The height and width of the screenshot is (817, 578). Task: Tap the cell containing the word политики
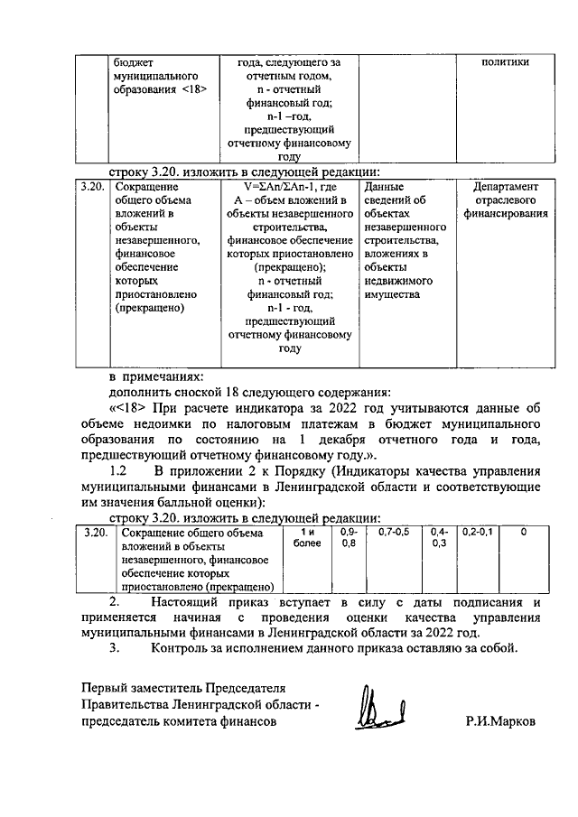click(x=505, y=62)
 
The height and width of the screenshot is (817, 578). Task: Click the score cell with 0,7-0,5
click(x=394, y=533)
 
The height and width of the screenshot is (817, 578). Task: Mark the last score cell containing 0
click(x=524, y=533)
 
